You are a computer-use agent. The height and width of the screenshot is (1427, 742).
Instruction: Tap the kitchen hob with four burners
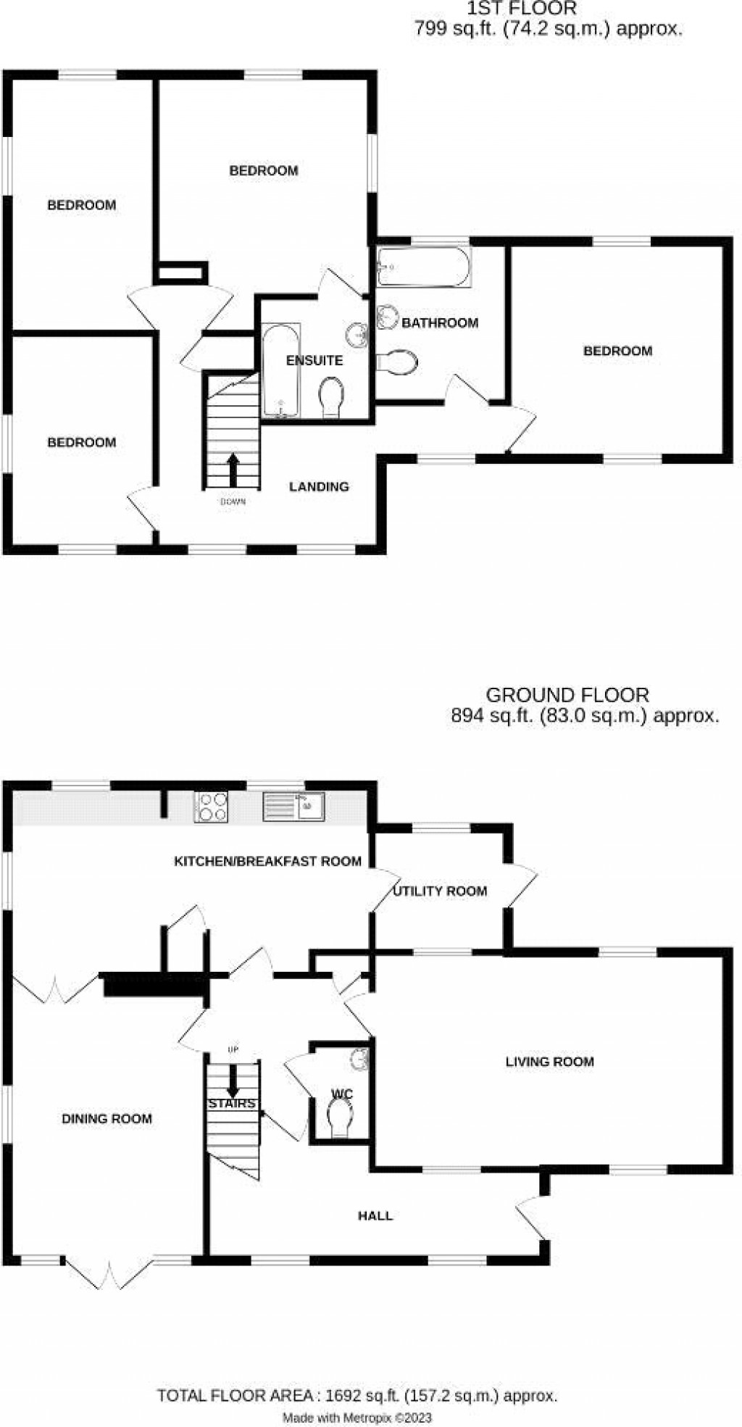point(212,807)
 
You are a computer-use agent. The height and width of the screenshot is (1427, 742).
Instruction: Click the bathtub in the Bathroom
point(424,267)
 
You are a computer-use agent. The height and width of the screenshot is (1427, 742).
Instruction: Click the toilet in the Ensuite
point(332,396)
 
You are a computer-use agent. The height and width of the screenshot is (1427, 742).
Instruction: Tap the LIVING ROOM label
point(549,1062)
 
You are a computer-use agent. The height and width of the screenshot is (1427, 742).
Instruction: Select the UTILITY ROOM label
point(440,891)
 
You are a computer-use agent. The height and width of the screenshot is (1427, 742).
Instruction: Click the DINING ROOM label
point(107,1118)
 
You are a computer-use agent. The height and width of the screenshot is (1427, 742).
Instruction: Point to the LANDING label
point(319,486)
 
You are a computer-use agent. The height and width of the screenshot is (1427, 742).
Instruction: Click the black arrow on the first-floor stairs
point(233,470)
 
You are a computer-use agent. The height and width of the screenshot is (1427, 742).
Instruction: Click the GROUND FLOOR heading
point(567,695)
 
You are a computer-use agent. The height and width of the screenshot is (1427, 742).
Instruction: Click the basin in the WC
point(360,1060)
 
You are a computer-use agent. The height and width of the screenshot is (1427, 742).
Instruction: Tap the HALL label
point(375,1215)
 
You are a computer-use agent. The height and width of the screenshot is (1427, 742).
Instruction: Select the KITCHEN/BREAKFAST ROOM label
point(267,861)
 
